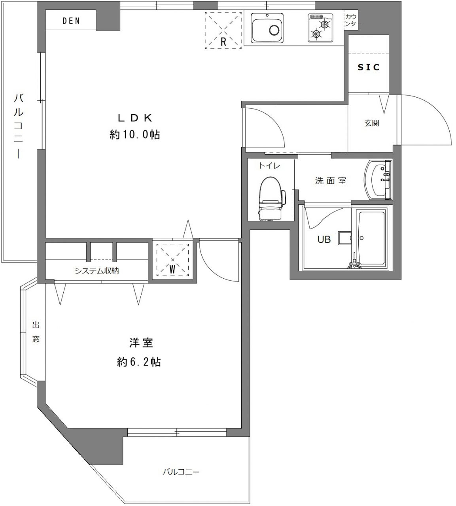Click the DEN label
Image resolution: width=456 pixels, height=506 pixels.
[x=71, y=21]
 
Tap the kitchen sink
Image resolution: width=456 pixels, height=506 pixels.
[x=267, y=28]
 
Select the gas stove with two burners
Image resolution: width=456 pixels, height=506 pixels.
[x=320, y=28]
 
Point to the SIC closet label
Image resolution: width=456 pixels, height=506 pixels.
[x=369, y=67]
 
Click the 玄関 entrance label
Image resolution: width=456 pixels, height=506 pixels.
[x=372, y=123]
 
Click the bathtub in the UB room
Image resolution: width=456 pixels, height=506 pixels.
[x=371, y=238]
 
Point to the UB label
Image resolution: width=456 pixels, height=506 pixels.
[x=324, y=239]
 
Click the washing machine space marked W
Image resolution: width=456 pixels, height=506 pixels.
[x=172, y=260]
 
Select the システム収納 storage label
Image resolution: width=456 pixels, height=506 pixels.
[x=96, y=271]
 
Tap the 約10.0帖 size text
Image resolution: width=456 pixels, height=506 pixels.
[x=135, y=135]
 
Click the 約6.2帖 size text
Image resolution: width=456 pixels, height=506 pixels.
[x=139, y=362]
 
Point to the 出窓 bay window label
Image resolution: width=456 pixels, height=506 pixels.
[x=36, y=332]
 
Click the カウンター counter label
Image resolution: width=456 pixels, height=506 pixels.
[x=351, y=20]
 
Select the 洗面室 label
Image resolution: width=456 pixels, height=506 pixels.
[x=331, y=181]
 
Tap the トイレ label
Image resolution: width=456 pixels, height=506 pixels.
[x=269, y=166]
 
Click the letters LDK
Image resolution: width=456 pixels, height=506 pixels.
[x=135, y=118]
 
